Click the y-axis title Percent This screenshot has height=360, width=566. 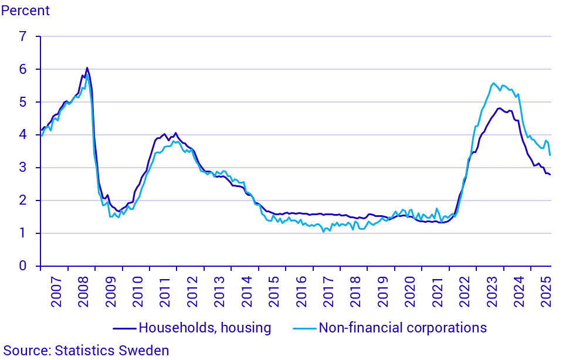(x=25, y=11)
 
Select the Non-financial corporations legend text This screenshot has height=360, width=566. (x=402, y=328)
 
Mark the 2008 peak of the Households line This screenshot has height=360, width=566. (x=87, y=67)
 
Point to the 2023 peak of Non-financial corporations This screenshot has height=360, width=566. (x=493, y=83)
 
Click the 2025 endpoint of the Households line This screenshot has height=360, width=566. (x=550, y=175)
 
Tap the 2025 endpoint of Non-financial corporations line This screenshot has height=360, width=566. (x=550, y=155)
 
